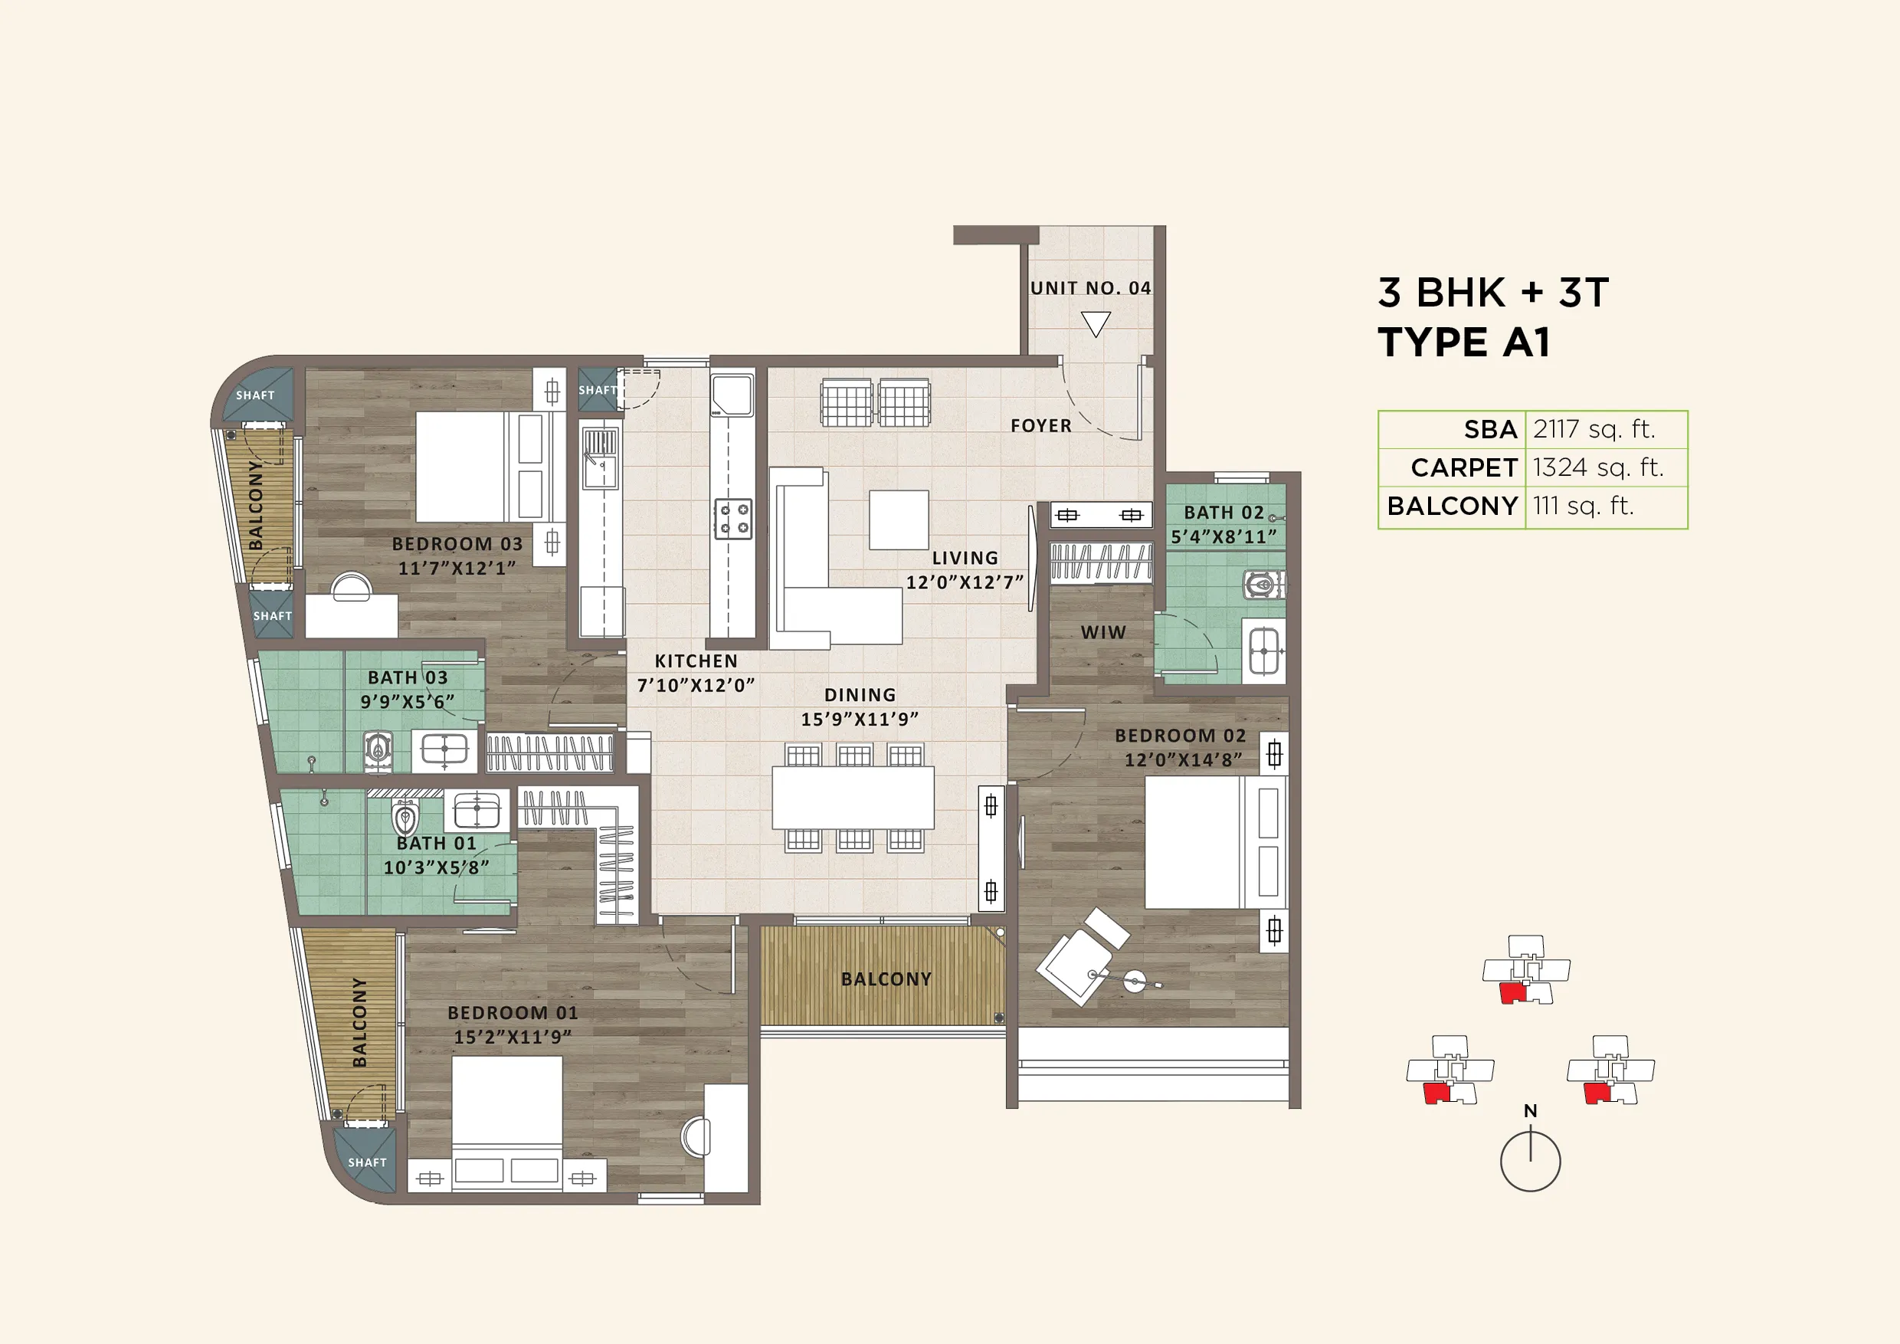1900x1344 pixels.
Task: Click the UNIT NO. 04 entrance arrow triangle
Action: click(x=1096, y=323)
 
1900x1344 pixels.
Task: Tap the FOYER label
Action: click(x=1040, y=425)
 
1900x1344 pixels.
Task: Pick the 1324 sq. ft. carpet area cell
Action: click(x=1597, y=467)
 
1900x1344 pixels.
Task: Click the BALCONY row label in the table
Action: click(x=1452, y=506)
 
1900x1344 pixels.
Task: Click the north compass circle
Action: click(x=1530, y=1161)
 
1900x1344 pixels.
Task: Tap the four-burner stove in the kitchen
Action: click(x=733, y=518)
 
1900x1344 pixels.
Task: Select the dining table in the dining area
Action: click(x=853, y=797)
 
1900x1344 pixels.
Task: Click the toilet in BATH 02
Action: click(x=1261, y=585)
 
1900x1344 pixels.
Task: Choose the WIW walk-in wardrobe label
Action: click(x=1103, y=632)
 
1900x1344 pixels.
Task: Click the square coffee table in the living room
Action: click(x=899, y=519)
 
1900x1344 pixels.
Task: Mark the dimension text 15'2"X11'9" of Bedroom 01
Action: click(x=513, y=1037)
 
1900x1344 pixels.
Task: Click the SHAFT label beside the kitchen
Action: click(x=597, y=390)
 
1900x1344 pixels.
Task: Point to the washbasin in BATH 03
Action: click(x=444, y=749)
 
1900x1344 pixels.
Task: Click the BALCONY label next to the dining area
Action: click(x=886, y=979)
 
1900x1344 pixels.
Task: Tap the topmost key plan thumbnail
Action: click(x=1525, y=969)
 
